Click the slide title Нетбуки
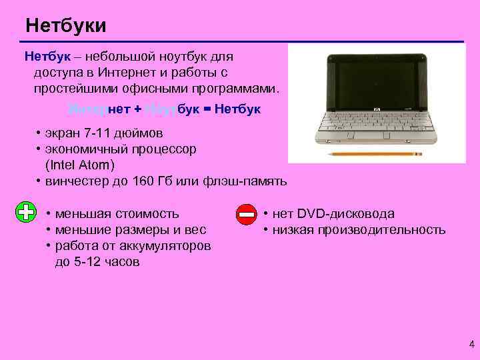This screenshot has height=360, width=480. (65, 26)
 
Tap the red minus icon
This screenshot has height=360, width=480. (246, 215)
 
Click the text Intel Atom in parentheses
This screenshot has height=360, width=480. (80, 165)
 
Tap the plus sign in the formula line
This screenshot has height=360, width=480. (138, 109)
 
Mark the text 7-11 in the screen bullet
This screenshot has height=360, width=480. (92, 133)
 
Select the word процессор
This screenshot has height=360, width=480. (163, 149)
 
